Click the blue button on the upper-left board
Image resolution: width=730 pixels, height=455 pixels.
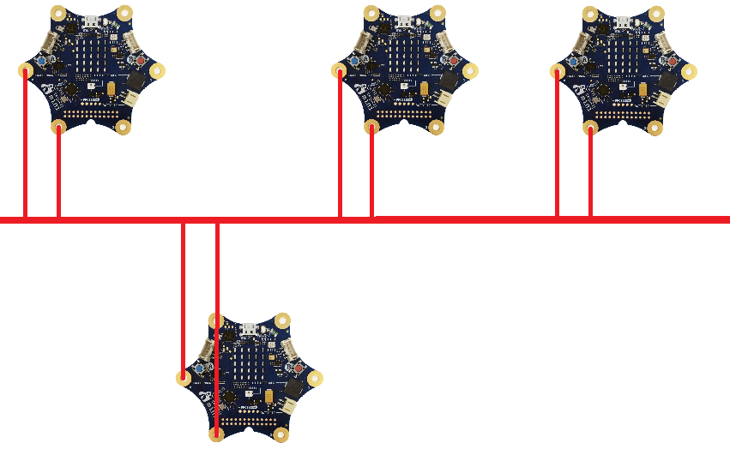point(40,62)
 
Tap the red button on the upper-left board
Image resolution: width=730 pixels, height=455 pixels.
point(140,61)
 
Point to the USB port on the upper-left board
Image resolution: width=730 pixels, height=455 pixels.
point(89,19)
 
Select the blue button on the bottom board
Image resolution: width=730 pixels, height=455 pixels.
point(200,368)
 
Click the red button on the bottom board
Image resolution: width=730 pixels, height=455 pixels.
point(299,368)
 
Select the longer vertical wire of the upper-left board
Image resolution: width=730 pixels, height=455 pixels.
point(25,146)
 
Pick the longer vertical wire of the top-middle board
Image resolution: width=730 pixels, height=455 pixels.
point(341,146)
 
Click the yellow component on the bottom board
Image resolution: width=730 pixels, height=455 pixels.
point(269,396)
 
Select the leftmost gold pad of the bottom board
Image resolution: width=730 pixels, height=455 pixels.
point(183,377)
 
